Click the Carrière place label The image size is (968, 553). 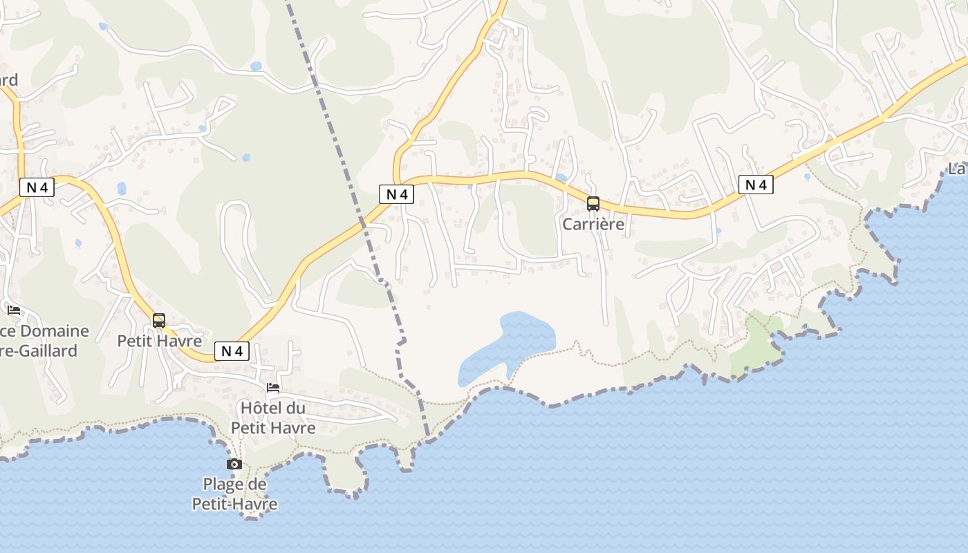click(593, 224)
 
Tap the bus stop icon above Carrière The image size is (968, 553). click(593, 203)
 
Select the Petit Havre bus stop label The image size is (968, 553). click(159, 341)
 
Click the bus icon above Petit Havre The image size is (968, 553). click(159, 320)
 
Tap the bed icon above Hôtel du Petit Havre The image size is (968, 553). click(273, 388)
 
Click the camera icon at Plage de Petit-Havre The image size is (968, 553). click(234, 464)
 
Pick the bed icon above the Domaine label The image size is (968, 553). click(13, 310)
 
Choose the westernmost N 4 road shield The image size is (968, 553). click(37, 187)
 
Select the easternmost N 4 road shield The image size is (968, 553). click(756, 185)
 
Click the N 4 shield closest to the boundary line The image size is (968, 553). click(396, 194)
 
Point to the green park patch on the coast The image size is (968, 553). click(757, 342)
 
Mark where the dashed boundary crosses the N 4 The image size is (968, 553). click(362, 222)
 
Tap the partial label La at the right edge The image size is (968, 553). click(957, 168)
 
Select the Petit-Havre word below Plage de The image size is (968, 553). click(234, 504)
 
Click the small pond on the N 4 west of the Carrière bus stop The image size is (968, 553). click(561, 178)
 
